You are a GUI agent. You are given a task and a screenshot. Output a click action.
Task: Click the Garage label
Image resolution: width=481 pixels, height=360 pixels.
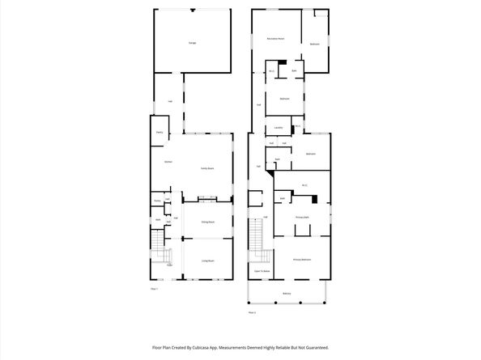pyautogui.click(x=192, y=43)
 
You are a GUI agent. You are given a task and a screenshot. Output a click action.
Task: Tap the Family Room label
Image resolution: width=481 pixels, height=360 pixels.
pyautogui.click(x=207, y=168)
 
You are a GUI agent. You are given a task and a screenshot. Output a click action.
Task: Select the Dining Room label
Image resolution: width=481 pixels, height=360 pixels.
pyautogui.click(x=207, y=221)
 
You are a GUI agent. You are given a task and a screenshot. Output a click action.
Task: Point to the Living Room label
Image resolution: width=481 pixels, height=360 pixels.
pyautogui.click(x=207, y=260)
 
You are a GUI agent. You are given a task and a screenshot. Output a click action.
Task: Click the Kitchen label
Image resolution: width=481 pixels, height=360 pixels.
pyautogui.click(x=168, y=163)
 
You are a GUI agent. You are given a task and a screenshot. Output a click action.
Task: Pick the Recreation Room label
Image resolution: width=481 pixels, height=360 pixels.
pyautogui.click(x=275, y=39)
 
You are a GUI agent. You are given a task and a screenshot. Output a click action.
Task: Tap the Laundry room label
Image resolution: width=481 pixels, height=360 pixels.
pyautogui.click(x=278, y=128)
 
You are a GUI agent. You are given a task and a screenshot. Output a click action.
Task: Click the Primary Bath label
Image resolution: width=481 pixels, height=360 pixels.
pyautogui.click(x=303, y=217)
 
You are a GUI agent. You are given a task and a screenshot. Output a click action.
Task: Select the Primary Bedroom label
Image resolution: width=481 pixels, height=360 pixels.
pyautogui.click(x=303, y=260)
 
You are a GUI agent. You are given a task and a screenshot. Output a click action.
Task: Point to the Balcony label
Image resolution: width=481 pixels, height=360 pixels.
pyautogui.click(x=287, y=293)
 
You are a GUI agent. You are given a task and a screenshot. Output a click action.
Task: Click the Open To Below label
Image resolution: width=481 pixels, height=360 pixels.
pyautogui.click(x=262, y=271)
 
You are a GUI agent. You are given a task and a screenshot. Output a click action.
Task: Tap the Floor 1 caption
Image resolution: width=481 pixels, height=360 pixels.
pyautogui.click(x=154, y=288)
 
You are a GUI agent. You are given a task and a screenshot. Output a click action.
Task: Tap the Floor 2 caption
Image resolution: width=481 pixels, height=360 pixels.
pyautogui.click(x=252, y=311)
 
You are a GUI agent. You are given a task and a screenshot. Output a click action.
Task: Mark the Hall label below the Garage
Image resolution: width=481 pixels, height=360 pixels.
pyautogui.click(x=170, y=101)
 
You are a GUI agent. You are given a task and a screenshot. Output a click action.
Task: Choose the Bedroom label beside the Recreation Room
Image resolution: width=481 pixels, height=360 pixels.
pyautogui.click(x=315, y=44)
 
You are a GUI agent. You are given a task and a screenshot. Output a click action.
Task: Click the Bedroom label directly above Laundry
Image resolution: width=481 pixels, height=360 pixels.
pyautogui.click(x=284, y=99)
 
